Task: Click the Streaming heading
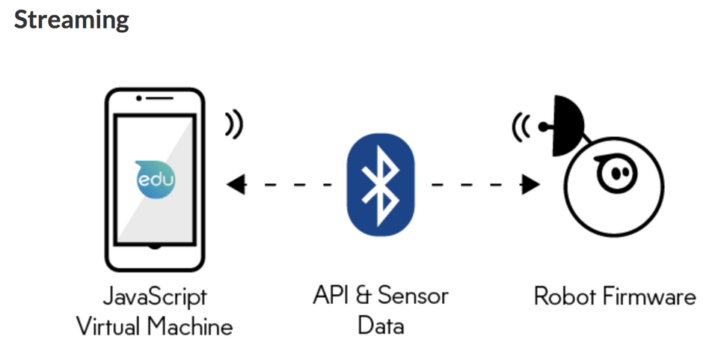coord(72,19)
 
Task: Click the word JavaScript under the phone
coord(156,297)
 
